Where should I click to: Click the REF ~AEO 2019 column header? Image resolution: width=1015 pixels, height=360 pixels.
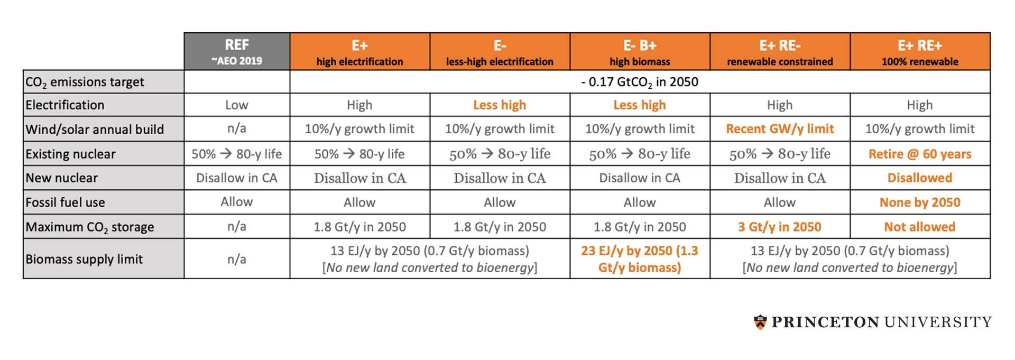(x=236, y=51)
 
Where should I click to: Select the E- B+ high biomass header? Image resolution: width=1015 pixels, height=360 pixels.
(x=639, y=51)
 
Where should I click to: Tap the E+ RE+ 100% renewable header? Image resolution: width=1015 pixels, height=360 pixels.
(x=919, y=51)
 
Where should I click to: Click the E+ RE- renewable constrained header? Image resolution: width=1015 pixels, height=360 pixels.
(x=779, y=51)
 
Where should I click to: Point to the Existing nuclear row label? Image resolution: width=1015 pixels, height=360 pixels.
(x=70, y=154)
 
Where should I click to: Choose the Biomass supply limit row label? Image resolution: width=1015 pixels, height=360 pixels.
(x=84, y=259)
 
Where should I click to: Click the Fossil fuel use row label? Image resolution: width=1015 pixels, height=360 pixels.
(x=65, y=202)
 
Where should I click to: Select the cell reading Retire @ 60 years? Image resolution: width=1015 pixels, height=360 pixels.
(x=919, y=154)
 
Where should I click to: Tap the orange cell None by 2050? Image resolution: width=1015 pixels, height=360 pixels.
(x=919, y=202)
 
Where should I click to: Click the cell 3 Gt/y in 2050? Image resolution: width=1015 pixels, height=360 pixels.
(x=779, y=227)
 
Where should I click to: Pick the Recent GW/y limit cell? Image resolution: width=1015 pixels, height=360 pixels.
(x=779, y=129)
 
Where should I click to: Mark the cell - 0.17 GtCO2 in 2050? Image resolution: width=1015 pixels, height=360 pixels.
(x=639, y=82)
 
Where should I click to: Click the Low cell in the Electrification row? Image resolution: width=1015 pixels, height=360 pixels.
(x=236, y=105)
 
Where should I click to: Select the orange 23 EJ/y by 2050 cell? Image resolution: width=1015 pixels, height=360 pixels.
(x=639, y=259)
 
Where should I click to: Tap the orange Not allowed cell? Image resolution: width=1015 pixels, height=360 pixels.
(x=919, y=227)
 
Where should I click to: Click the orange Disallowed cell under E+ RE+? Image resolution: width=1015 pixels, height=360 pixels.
(x=919, y=178)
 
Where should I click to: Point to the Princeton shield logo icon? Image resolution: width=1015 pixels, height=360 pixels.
(x=760, y=322)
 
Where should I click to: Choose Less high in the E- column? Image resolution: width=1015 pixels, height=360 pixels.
(x=499, y=105)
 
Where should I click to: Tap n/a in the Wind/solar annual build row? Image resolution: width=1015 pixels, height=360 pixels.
(x=236, y=129)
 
